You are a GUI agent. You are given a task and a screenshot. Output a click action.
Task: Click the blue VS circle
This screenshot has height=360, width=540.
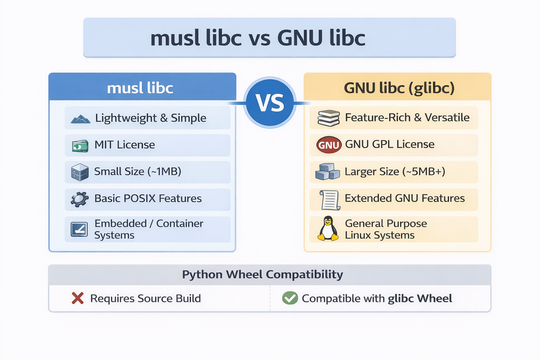(x=270, y=103)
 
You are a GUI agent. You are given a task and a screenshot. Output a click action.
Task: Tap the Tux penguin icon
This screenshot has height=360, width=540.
(x=328, y=229)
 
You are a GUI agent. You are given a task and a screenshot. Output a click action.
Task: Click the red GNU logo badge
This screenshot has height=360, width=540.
(x=329, y=145)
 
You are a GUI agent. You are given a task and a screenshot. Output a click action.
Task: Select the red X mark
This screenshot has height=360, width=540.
(x=77, y=298)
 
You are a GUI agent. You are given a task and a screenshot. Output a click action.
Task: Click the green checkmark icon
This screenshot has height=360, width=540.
(x=290, y=298)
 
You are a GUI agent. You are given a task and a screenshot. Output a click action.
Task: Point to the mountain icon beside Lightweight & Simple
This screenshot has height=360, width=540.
(x=80, y=119)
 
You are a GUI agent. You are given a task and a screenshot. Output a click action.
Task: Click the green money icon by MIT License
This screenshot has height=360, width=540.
(x=80, y=146)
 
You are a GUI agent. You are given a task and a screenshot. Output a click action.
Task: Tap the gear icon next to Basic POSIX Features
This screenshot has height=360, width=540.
(x=80, y=199)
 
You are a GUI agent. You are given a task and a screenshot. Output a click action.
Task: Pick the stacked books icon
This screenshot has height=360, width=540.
(x=328, y=118)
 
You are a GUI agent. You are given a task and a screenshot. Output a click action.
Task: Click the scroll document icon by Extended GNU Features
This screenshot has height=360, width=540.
(x=330, y=200)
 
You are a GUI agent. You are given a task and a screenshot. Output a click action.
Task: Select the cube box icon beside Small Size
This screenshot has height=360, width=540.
(x=80, y=172)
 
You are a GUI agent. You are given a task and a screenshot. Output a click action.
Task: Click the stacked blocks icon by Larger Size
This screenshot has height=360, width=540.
(x=327, y=172)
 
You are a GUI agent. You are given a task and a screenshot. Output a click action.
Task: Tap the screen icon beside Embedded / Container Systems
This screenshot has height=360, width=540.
(x=79, y=229)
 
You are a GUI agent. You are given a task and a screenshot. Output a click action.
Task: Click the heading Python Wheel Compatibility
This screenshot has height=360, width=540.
(x=262, y=274)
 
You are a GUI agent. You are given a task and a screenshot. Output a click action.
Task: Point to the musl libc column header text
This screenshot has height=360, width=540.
(x=140, y=88)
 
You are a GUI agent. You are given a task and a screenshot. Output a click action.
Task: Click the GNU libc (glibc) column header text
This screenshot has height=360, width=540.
(x=399, y=88)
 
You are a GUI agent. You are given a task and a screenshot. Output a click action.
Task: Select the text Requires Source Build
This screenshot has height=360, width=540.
(x=145, y=298)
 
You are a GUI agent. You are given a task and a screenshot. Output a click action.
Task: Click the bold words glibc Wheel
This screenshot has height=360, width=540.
(x=420, y=298)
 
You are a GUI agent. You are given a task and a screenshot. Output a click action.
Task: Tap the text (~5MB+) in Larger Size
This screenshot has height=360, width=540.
(x=424, y=172)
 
